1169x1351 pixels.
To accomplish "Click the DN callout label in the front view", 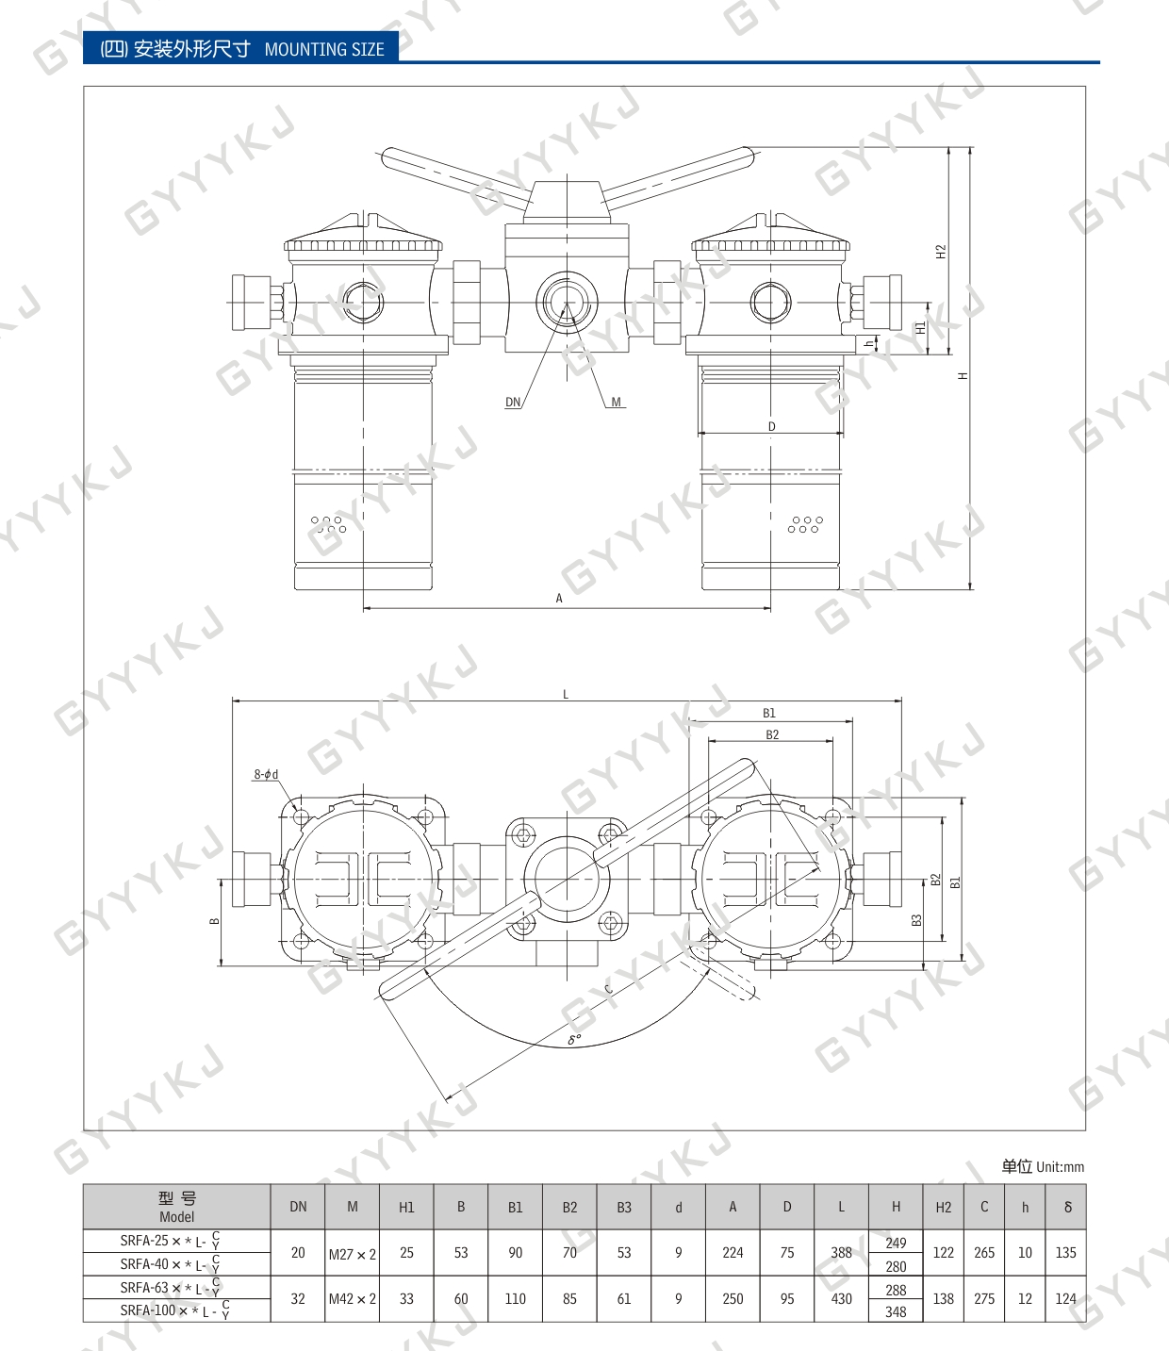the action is pyautogui.click(x=513, y=402).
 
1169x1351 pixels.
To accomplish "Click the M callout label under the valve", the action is pyautogui.click(x=617, y=402).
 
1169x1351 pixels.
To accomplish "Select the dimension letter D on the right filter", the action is pyautogui.click(x=772, y=427).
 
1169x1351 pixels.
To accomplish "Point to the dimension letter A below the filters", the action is pyautogui.click(x=559, y=598).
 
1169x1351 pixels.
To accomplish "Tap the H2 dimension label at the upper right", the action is pyautogui.click(x=941, y=252).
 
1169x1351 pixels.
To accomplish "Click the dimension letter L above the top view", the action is pyautogui.click(x=566, y=695).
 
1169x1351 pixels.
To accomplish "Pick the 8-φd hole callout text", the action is pyautogui.click(x=266, y=775).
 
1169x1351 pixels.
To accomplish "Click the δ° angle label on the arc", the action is pyautogui.click(x=574, y=1039).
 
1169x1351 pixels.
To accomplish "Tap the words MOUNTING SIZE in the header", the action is pyautogui.click(x=324, y=50).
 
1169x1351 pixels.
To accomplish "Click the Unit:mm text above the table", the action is pyautogui.click(x=1060, y=1167).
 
